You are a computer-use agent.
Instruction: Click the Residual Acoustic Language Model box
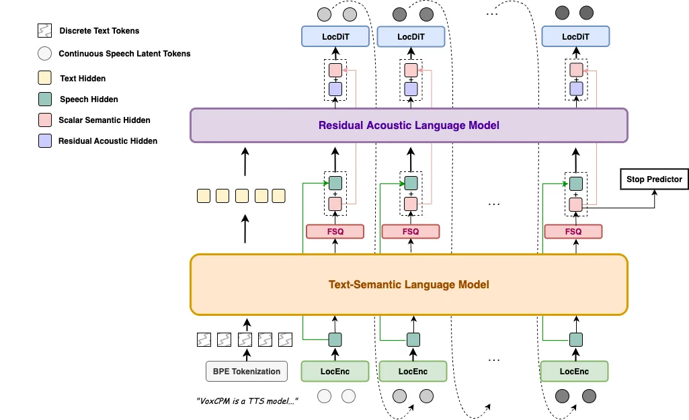[409, 125]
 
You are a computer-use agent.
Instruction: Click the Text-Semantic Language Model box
[409, 284]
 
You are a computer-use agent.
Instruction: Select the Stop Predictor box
[654, 179]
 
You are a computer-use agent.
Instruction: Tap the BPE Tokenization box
[246, 371]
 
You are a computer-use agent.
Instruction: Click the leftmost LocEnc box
[335, 371]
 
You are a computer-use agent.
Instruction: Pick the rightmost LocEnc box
[574, 371]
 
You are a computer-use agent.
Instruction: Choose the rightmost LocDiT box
[575, 36]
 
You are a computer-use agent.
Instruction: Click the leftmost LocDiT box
[335, 36]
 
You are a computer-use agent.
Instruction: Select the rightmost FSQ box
[573, 231]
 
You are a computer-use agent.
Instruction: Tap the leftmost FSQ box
[335, 231]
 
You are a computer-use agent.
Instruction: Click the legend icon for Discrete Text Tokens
[45, 31]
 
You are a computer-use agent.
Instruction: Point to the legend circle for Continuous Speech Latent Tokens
[45, 54]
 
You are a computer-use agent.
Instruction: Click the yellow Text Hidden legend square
[45, 78]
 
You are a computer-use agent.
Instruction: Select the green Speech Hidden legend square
[45, 99]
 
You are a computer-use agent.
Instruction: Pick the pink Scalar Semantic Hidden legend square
[45, 120]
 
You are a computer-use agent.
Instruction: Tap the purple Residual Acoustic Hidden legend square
[45, 141]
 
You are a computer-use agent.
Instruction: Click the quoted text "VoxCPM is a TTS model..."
[247, 401]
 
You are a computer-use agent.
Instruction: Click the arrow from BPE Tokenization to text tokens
[246, 353]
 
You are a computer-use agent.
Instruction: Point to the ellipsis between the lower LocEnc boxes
[494, 360]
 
